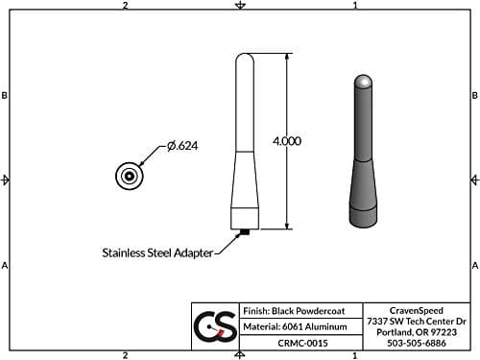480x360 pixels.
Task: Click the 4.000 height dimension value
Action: [287, 140]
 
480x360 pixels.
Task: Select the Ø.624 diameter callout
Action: [181, 145]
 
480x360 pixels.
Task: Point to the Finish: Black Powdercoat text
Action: [294, 312]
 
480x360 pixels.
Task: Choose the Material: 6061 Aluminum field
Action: [294, 326]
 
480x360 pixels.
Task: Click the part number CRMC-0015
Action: [294, 342]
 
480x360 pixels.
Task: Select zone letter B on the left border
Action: [6, 96]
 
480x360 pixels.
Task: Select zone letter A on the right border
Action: [474, 265]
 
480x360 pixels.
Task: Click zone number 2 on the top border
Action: [126, 6]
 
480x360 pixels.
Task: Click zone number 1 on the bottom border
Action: [355, 354]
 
